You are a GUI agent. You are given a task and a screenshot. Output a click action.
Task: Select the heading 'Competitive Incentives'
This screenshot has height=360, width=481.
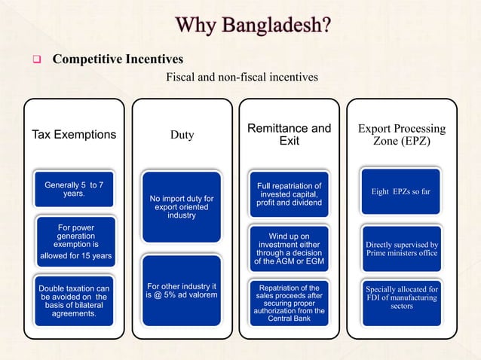pyautogui.click(x=118, y=59)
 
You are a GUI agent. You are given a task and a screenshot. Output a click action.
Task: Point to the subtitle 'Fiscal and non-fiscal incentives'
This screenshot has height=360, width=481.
pyautogui.click(x=242, y=77)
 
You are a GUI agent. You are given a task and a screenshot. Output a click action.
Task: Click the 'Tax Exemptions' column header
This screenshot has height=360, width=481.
pyautogui.click(x=74, y=135)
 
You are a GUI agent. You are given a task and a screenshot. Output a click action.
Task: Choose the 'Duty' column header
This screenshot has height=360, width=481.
pyautogui.click(x=182, y=135)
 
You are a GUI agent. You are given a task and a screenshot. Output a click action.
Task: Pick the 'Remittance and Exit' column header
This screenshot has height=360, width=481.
pyautogui.click(x=290, y=135)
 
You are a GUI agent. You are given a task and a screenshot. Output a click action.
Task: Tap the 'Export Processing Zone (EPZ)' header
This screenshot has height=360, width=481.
pyautogui.click(x=401, y=135)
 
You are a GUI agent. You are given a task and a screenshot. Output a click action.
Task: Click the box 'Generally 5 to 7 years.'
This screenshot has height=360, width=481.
pyautogui.click(x=74, y=190)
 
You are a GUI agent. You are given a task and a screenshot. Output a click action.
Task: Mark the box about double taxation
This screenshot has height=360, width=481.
pyautogui.click(x=74, y=301)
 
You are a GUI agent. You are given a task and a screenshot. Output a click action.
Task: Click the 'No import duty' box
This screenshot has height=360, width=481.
pyautogui.click(x=182, y=207)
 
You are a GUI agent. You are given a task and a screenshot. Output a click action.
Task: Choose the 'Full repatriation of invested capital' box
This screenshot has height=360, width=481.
pyautogui.click(x=290, y=194)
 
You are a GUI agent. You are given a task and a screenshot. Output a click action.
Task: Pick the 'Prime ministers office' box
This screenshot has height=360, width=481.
pyautogui.click(x=401, y=249)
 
